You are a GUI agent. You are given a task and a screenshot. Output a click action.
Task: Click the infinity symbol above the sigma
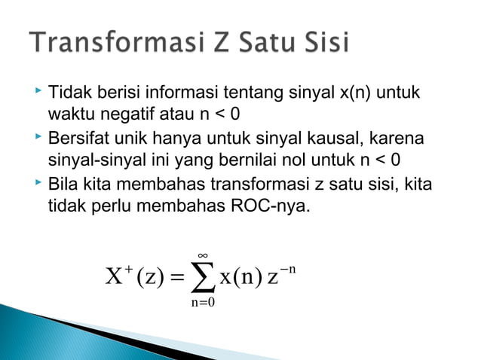point(201,257)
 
